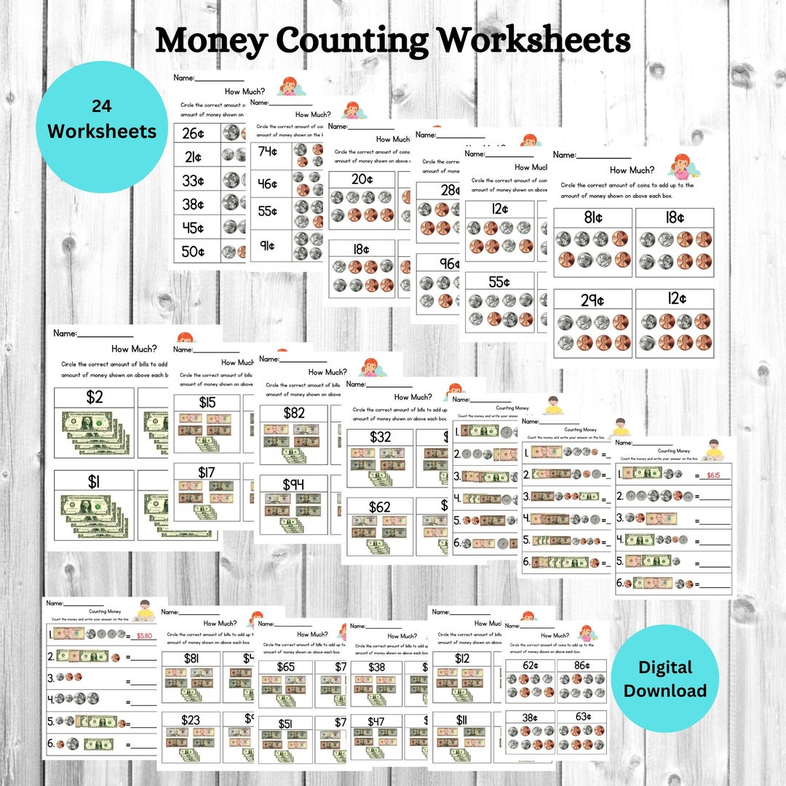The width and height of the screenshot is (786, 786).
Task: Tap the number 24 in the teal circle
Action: (x=102, y=106)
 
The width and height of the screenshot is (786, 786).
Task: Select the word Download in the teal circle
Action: (x=665, y=691)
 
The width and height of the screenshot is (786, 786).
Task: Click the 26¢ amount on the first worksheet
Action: (x=193, y=134)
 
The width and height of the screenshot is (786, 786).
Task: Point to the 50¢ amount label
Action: (x=193, y=252)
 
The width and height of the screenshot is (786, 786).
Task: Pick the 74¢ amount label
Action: (x=269, y=152)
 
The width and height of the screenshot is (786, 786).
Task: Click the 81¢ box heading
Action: (x=593, y=218)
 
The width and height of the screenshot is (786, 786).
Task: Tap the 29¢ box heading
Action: (x=593, y=299)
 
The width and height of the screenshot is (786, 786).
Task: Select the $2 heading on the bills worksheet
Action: (x=94, y=397)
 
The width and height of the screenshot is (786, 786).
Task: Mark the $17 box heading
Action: (x=207, y=473)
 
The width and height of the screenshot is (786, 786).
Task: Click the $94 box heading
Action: (x=294, y=484)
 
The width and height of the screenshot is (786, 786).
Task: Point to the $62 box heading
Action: (x=380, y=507)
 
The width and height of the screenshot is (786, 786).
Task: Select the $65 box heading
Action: (x=285, y=667)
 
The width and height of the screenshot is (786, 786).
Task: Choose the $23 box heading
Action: (x=191, y=719)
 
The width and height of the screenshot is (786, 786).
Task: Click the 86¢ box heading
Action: (x=581, y=664)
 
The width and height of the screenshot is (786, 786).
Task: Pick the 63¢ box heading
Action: (x=581, y=717)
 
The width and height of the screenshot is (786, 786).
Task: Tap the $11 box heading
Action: (x=462, y=719)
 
